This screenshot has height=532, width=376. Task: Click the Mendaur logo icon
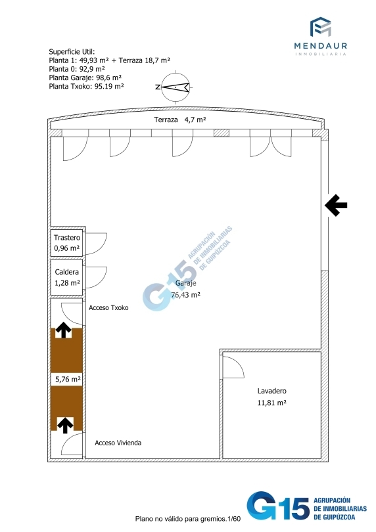(320, 26)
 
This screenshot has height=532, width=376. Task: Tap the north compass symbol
(176, 87)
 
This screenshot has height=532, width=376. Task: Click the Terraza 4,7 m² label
(179, 120)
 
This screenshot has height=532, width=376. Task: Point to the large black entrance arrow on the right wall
(336, 205)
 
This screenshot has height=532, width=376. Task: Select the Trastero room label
(67, 238)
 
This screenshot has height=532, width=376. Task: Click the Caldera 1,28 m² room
(67, 277)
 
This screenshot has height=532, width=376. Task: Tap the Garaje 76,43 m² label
(185, 289)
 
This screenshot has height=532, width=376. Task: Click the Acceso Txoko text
(108, 308)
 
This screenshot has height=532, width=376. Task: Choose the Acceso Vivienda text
(118, 443)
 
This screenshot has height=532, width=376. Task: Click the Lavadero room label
(271, 391)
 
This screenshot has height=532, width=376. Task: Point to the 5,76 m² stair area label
(68, 379)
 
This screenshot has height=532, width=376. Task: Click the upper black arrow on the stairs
(64, 330)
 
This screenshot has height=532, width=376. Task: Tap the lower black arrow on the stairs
(65, 425)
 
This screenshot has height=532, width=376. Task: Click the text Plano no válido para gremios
(181, 519)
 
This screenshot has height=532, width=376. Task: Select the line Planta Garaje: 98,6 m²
(85, 78)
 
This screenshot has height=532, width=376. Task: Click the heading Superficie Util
(72, 52)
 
